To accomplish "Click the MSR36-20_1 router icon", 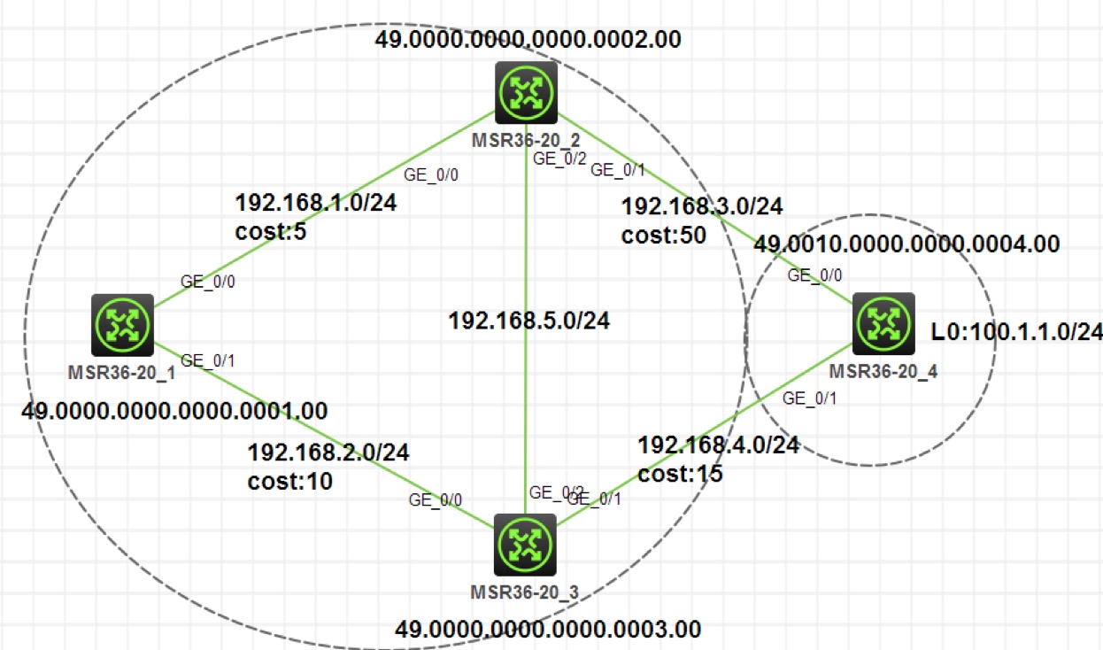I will coord(122,325).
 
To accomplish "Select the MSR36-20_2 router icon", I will coord(526,92).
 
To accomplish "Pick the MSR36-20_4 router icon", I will coord(883,323).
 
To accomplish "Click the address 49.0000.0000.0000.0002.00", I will coord(528,39).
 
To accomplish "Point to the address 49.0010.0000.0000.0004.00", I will coord(906,245).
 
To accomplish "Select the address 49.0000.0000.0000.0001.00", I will coord(176,411).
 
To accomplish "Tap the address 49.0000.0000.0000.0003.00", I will coord(548,630).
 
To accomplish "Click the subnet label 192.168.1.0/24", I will coord(315,203).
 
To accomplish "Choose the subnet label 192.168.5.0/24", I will coord(528,321).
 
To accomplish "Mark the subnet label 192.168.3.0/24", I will coord(702,207).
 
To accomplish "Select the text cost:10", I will coord(290,482).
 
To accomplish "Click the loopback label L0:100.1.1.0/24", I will coord(1016,332).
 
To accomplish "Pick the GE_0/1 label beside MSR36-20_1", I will coord(204,360).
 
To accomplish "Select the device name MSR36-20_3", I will coord(526,592).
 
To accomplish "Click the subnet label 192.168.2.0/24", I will coord(328,453).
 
